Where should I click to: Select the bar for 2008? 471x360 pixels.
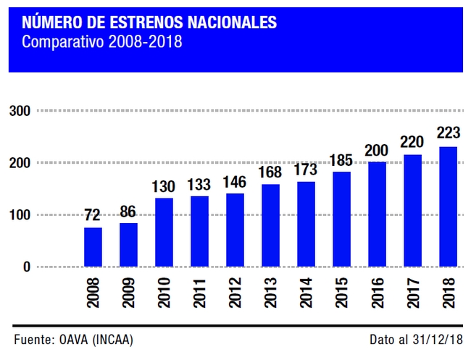coord(93,247)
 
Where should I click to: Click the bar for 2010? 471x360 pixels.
coord(164,232)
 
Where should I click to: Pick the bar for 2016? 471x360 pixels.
coord(377,214)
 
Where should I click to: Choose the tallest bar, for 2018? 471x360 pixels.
coord(448,206)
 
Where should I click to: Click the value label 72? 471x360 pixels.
coord(93,215)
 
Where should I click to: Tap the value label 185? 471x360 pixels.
coord(341,159)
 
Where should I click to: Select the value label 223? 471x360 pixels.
coord(448,134)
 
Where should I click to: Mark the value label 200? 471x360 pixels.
coord(377,150)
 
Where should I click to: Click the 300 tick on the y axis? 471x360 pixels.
coord(20,111)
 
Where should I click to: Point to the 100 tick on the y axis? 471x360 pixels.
coord(20,215)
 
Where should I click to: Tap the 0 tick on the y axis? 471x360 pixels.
coord(26,267)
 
